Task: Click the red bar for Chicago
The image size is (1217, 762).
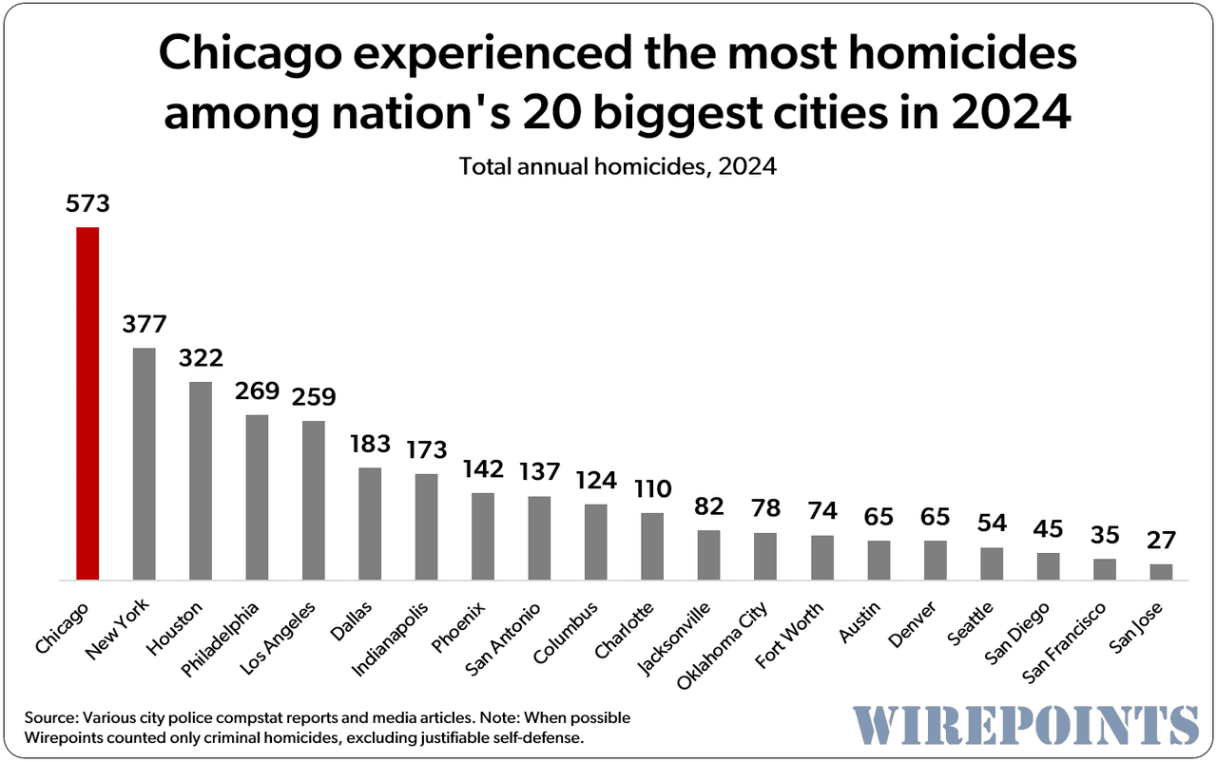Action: [x=87, y=404]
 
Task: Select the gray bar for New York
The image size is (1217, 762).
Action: [x=144, y=464]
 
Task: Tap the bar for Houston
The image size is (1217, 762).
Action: [x=201, y=481]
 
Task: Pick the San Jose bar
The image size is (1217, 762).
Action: [x=1161, y=572]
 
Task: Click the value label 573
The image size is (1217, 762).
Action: [x=87, y=204]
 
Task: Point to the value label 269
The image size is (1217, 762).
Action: [x=257, y=391]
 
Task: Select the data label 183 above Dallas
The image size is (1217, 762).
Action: [x=370, y=445]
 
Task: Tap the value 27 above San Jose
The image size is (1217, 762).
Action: [x=1161, y=541]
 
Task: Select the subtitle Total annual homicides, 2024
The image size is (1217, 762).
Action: [x=618, y=167]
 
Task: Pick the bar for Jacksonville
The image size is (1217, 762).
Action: [x=708, y=555]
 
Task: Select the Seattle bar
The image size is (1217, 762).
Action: [x=992, y=563]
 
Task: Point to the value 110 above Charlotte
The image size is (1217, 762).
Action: [x=652, y=489]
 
